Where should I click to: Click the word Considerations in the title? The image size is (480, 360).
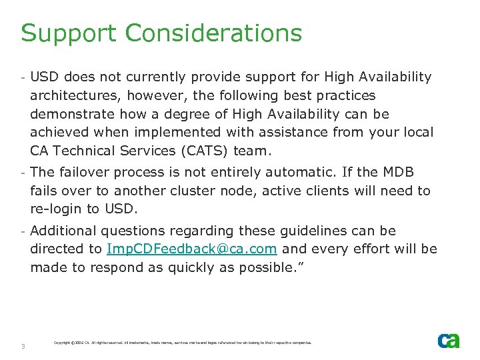[x=213, y=33]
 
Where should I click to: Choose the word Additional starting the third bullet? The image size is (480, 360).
[x=65, y=231]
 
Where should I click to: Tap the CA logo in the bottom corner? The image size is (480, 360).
[x=448, y=341]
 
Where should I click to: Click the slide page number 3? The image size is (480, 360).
[x=23, y=346]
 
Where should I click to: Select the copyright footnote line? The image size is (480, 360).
[x=182, y=343]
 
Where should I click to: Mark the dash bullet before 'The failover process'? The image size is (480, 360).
[x=23, y=173]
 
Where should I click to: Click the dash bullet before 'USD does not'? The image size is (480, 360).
[x=23, y=78]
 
